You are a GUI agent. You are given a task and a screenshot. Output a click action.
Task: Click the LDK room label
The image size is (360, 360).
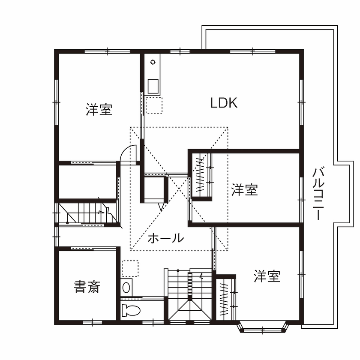click(x=224, y=103)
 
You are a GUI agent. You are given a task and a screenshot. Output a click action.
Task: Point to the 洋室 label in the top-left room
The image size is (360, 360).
click(x=99, y=110)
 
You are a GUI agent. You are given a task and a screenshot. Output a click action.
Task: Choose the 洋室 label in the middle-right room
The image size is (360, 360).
click(x=245, y=190)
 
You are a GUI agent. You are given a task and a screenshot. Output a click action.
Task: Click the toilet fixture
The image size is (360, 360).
click(x=131, y=310)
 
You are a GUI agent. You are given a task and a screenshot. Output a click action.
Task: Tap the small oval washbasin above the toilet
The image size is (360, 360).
click(x=126, y=286)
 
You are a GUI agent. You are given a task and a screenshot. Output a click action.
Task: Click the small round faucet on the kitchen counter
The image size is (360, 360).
click(x=152, y=63)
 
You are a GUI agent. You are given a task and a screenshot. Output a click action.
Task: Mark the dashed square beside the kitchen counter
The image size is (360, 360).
click(x=154, y=105)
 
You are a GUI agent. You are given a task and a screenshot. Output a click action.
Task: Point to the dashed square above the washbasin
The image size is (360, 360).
click(x=130, y=269)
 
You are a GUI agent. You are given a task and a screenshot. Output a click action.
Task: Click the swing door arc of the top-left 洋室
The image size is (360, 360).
click(x=128, y=153)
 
